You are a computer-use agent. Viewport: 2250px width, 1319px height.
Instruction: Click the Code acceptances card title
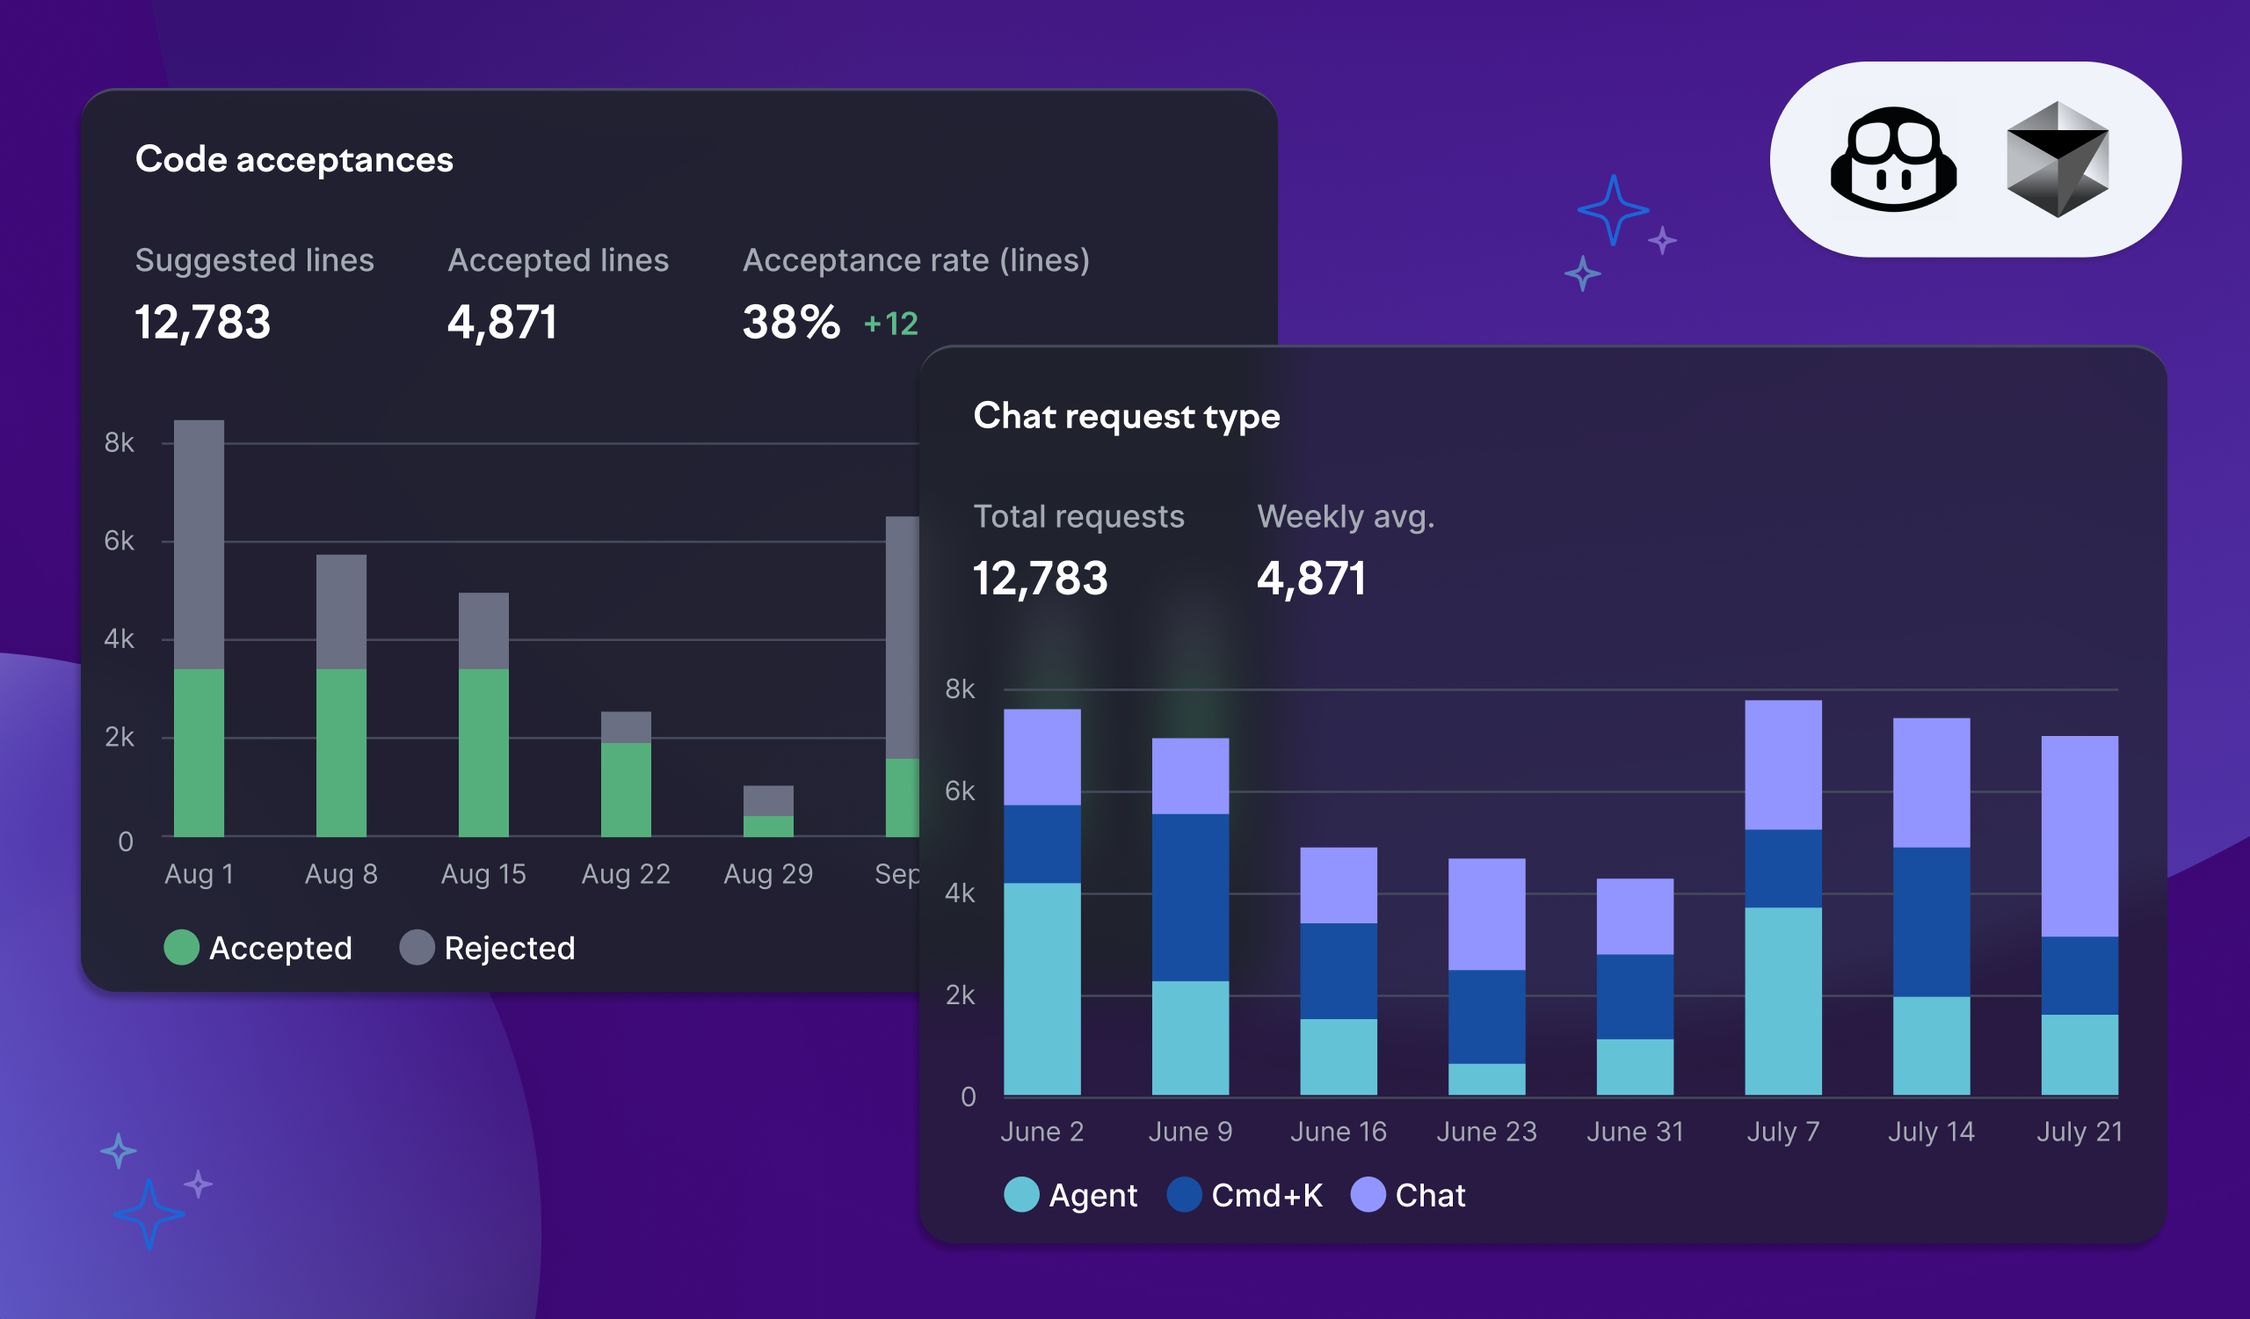pyautogui.click(x=294, y=160)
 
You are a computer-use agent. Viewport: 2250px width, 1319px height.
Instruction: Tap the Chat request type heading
pyautogui.click(x=1126, y=416)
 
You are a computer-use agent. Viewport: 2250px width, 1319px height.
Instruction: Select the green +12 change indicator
pyautogui.click(x=891, y=324)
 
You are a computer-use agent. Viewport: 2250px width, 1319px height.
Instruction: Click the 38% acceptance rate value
pyautogui.click(x=791, y=323)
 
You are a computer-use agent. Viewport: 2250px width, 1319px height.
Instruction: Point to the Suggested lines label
pyautogui.click(x=255, y=260)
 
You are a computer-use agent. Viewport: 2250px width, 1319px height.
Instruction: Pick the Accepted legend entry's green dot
pyautogui.click(x=181, y=948)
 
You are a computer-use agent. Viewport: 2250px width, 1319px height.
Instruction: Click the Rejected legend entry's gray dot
pyautogui.click(x=417, y=948)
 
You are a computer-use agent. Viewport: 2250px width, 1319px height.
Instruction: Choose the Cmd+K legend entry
pyautogui.click(x=1245, y=1195)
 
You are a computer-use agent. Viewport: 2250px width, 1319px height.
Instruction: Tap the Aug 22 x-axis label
pyautogui.click(x=625, y=873)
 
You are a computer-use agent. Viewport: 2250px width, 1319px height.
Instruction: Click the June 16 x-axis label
pyautogui.click(x=1338, y=1132)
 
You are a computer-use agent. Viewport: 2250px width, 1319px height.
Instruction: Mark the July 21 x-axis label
pyautogui.click(x=2079, y=1132)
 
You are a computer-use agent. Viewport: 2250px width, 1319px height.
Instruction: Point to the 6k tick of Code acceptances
pyautogui.click(x=119, y=540)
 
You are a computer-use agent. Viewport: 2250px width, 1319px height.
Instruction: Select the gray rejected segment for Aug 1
pyautogui.click(x=200, y=544)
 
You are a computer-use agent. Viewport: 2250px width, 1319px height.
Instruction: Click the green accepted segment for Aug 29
pyautogui.click(x=768, y=826)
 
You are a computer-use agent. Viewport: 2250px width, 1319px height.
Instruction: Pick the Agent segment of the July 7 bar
pyautogui.click(x=1782, y=1000)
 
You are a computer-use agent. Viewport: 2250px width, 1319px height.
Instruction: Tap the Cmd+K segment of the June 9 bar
pyautogui.click(x=1190, y=898)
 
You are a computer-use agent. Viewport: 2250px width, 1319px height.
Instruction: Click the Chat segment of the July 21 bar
pyautogui.click(x=2079, y=836)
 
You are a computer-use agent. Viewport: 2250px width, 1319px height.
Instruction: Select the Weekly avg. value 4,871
pyautogui.click(x=1310, y=579)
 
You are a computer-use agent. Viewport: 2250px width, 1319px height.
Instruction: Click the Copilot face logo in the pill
pyautogui.click(x=1893, y=160)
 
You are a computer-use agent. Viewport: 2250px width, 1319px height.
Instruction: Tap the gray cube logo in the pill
pyautogui.click(x=2058, y=160)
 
